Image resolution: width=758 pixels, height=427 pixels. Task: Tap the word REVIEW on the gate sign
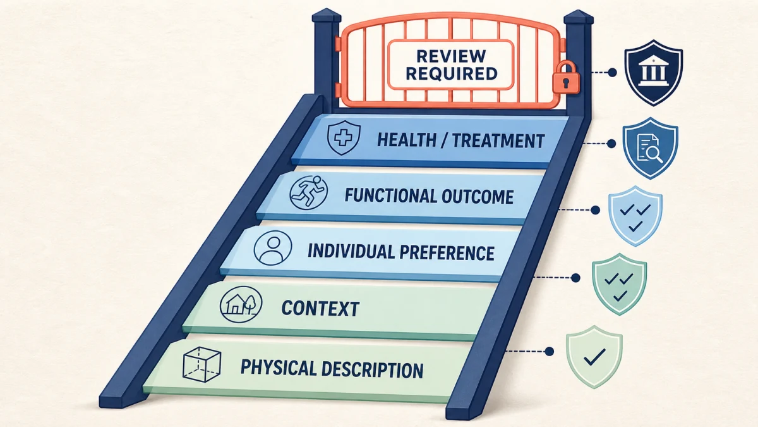tap(452, 56)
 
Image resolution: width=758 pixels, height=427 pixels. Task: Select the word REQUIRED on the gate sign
tap(452, 73)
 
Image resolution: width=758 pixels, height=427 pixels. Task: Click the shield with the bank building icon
tap(653, 73)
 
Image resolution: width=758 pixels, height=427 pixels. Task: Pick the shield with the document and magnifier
tap(650, 148)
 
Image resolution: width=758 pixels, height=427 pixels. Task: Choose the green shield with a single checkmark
tap(594, 357)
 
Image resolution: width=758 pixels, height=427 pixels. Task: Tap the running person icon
tap(309, 192)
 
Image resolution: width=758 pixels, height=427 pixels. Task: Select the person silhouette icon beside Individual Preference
tap(273, 248)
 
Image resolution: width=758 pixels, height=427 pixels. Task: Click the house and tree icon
tap(241, 304)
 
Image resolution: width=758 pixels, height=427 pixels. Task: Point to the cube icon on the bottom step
tap(202, 364)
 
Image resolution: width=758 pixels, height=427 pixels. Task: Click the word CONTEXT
tap(320, 309)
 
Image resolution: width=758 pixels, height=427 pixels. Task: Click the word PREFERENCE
tap(447, 253)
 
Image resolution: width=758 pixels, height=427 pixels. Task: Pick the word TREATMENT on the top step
tap(498, 140)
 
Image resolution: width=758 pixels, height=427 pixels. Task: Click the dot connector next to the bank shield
tap(612, 72)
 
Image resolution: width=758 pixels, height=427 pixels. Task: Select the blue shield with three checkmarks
tap(635, 216)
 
